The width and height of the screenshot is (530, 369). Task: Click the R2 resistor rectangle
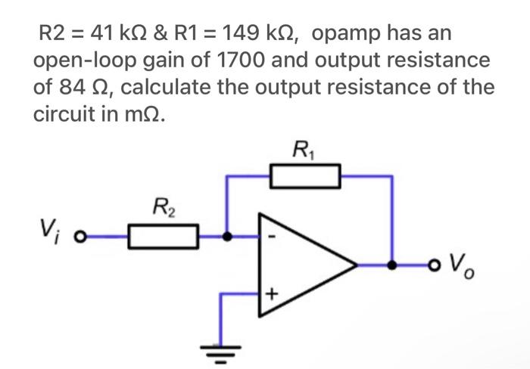163,236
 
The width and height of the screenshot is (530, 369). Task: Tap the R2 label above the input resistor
163,206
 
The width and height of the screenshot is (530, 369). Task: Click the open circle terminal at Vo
433,265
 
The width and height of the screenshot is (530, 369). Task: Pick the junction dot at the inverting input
226,236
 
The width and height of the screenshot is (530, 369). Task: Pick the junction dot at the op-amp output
391,265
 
